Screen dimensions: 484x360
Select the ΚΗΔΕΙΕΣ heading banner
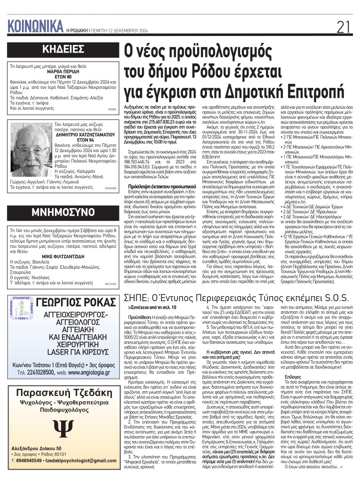(62, 49)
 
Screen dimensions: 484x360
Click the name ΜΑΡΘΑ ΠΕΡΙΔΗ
(63, 71)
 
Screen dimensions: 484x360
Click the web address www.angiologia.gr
(88, 372)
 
